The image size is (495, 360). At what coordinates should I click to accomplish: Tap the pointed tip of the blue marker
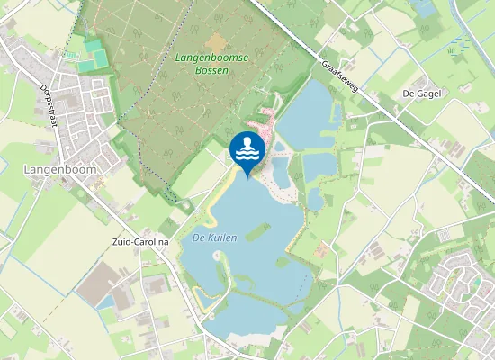[x=247, y=177]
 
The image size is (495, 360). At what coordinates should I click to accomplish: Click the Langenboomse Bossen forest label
[x=202, y=64]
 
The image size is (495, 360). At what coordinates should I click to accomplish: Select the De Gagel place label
[x=420, y=94]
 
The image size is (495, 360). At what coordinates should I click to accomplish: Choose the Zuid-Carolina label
[x=139, y=242]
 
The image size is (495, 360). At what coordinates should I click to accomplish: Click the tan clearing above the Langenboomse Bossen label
[x=215, y=41]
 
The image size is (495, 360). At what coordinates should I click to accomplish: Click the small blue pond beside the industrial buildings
[x=109, y=303]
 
